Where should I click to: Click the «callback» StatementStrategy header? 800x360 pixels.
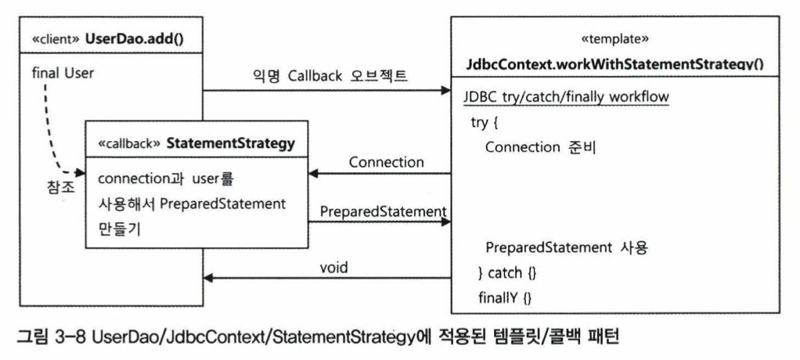click(193, 143)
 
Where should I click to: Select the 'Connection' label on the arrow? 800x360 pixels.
click(387, 162)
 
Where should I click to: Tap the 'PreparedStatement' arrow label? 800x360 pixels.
click(383, 211)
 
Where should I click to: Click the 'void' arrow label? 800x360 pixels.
click(333, 266)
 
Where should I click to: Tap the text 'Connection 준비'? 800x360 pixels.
click(541, 148)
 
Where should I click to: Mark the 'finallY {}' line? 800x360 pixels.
click(504, 297)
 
